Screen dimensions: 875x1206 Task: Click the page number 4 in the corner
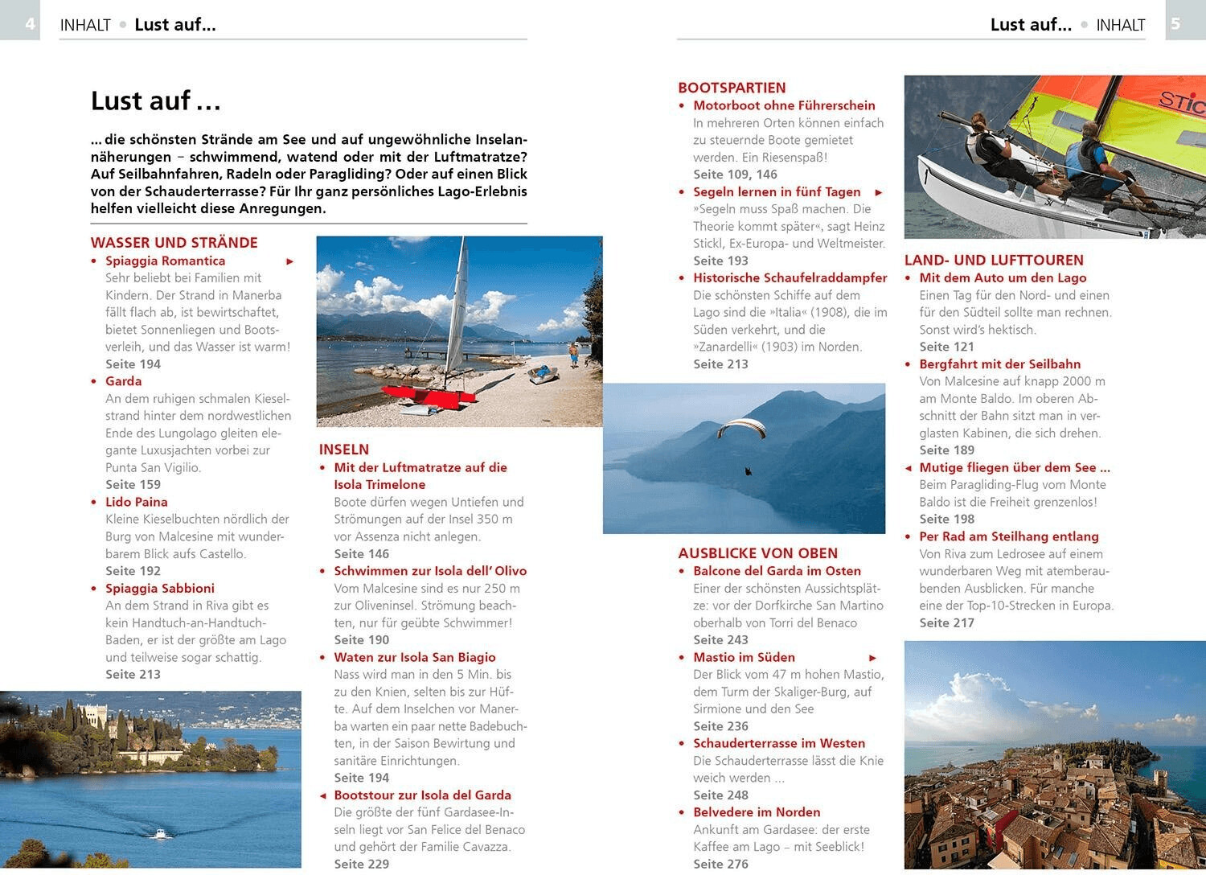30,23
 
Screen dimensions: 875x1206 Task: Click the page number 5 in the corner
1175,23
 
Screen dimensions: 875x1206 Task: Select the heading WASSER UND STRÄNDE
174,243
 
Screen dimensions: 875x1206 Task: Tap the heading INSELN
344,450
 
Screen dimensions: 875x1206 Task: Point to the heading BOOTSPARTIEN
732,88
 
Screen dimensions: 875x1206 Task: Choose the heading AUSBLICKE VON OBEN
757,553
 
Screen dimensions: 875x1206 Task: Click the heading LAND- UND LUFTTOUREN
994,260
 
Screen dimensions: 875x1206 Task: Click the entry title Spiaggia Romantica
165,261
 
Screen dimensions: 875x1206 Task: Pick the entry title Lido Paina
136,502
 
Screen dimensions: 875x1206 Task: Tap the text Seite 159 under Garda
133,484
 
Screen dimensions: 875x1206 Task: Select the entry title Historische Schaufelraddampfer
790,277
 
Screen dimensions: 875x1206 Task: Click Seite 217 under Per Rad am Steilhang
946,622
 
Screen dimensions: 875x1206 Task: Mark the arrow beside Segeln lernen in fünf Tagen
879,192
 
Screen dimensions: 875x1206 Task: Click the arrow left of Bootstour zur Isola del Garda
323,795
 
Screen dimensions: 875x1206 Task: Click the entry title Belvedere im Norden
757,812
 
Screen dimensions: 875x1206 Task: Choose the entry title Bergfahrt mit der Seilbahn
999,364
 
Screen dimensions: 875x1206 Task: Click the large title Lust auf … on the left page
155,101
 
